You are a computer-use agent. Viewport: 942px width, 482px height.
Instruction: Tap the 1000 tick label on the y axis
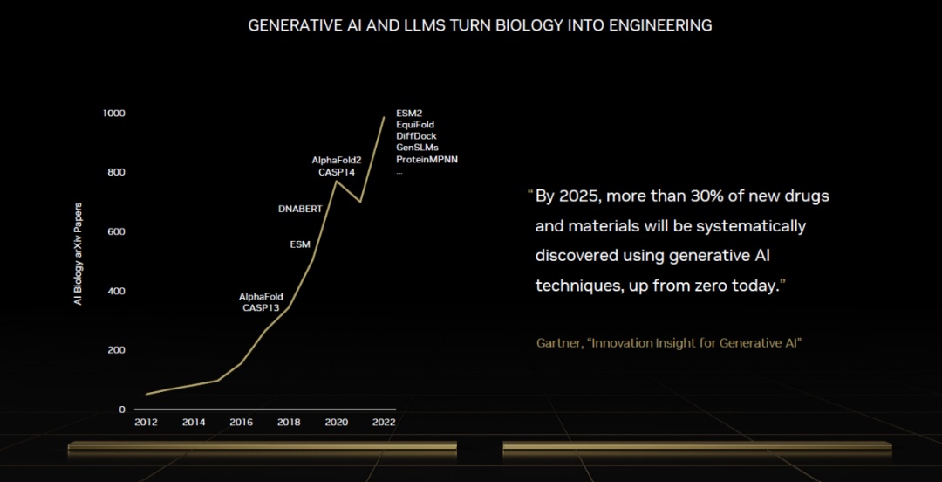[x=113, y=114]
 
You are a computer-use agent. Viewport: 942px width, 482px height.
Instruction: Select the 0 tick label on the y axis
[x=122, y=410]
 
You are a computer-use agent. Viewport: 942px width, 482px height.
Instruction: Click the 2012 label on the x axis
[x=146, y=423]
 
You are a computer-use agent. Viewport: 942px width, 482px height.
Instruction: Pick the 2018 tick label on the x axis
[x=289, y=423]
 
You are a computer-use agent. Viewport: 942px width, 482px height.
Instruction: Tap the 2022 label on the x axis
[x=384, y=423]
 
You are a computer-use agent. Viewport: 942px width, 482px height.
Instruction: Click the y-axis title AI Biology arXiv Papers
[x=78, y=254]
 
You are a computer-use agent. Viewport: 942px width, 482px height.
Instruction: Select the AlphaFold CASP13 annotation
[x=261, y=302]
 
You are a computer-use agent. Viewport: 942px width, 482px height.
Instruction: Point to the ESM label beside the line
[x=300, y=244]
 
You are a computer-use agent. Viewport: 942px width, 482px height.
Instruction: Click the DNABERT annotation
[x=300, y=210]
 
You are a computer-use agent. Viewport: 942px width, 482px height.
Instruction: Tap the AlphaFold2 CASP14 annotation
[x=337, y=166]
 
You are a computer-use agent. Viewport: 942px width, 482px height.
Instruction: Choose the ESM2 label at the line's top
[x=409, y=114]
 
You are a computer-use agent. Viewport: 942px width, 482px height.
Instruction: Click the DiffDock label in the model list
[x=416, y=136]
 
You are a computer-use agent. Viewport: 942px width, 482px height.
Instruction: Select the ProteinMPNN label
[x=427, y=159]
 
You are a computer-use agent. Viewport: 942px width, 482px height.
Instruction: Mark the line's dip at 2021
[x=360, y=202]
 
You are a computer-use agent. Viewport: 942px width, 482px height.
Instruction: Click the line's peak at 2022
[x=384, y=117]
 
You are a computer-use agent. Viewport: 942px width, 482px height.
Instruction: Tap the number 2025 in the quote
[x=581, y=196]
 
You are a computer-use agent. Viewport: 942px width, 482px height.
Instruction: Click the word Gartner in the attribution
[x=559, y=343]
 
